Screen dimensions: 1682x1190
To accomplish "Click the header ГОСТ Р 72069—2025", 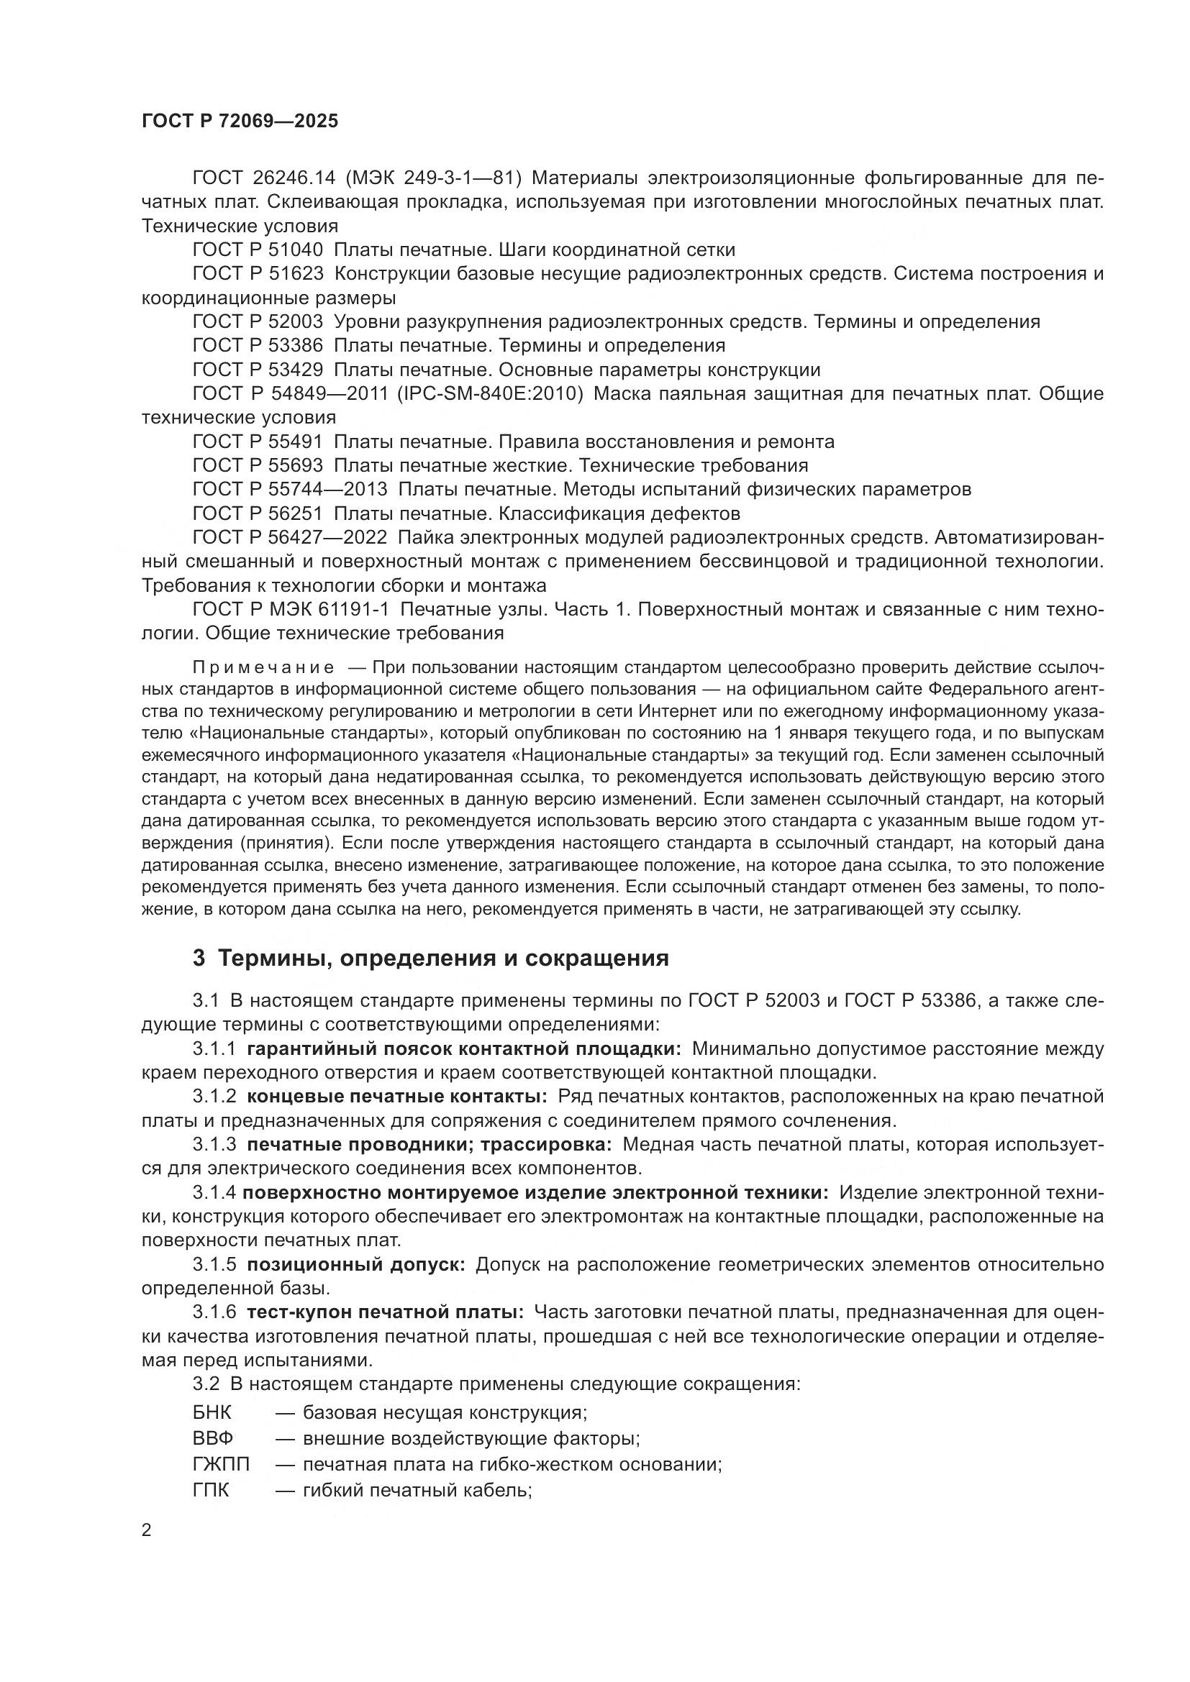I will click(x=240, y=121).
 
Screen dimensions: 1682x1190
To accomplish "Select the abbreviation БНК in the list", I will click(x=212, y=1412).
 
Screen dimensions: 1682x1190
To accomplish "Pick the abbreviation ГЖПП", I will click(x=221, y=1464).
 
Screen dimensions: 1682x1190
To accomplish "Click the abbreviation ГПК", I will click(x=210, y=1490).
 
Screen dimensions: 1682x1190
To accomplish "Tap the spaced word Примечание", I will click(x=263, y=667).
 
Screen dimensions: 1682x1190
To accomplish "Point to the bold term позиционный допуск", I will click(x=356, y=1264).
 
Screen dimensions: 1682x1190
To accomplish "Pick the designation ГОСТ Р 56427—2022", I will click(x=289, y=537).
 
